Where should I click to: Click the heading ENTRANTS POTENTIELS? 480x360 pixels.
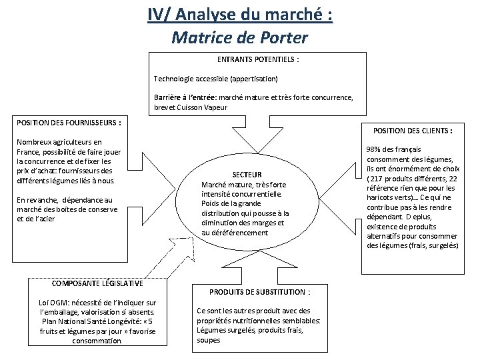[x=258, y=59]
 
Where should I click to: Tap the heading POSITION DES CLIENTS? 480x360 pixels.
[x=413, y=131]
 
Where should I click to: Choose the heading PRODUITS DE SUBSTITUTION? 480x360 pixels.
[x=259, y=291]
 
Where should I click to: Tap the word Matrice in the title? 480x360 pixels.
[x=200, y=37]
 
